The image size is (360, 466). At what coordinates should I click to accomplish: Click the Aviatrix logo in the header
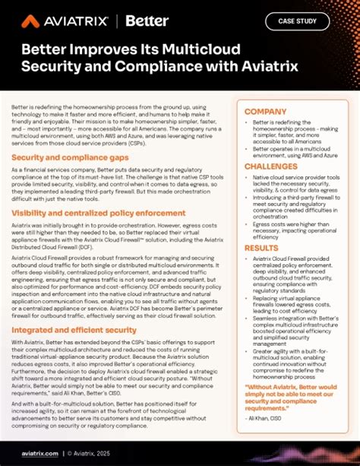(65, 21)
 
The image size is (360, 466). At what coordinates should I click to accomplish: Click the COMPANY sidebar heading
(265, 112)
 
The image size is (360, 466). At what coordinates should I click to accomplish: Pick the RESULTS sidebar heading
(261, 248)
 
